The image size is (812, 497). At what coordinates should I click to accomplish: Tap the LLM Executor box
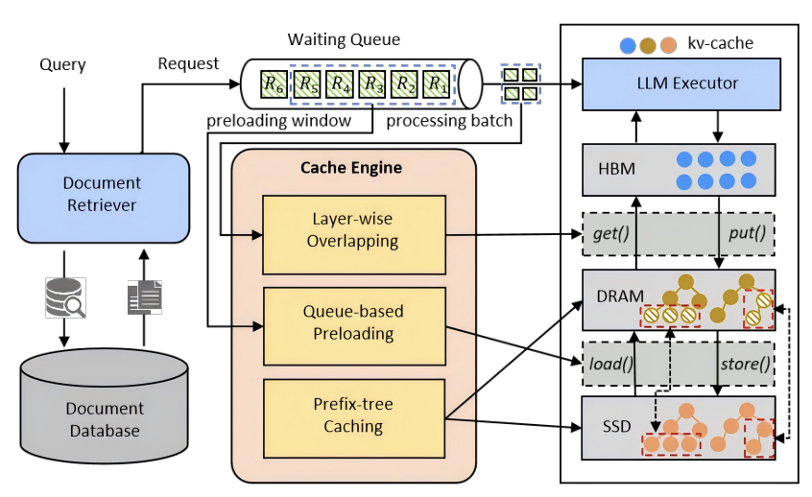pyautogui.click(x=678, y=83)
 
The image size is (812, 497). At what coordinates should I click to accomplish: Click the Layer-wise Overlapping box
pyautogui.click(x=352, y=230)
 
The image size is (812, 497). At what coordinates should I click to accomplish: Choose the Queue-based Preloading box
pyautogui.click(x=352, y=322)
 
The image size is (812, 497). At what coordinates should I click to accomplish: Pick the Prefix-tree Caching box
pyautogui.click(x=352, y=414)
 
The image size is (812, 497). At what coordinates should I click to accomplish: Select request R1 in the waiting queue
pyautogui.click(x=438, y=84)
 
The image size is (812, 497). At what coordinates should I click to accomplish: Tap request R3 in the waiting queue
pyautogui.click(x=372, y=84)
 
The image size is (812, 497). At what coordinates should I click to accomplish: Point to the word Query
pyautogui.click(x=62, y=65)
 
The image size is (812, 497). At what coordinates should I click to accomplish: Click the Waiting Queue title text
pyautogui.click(x=344, y=40)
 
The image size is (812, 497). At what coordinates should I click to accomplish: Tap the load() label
pyautogui.click(x=611, y=363)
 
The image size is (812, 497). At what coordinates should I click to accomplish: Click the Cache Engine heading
pyautogui.click(x=351, y=168)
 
